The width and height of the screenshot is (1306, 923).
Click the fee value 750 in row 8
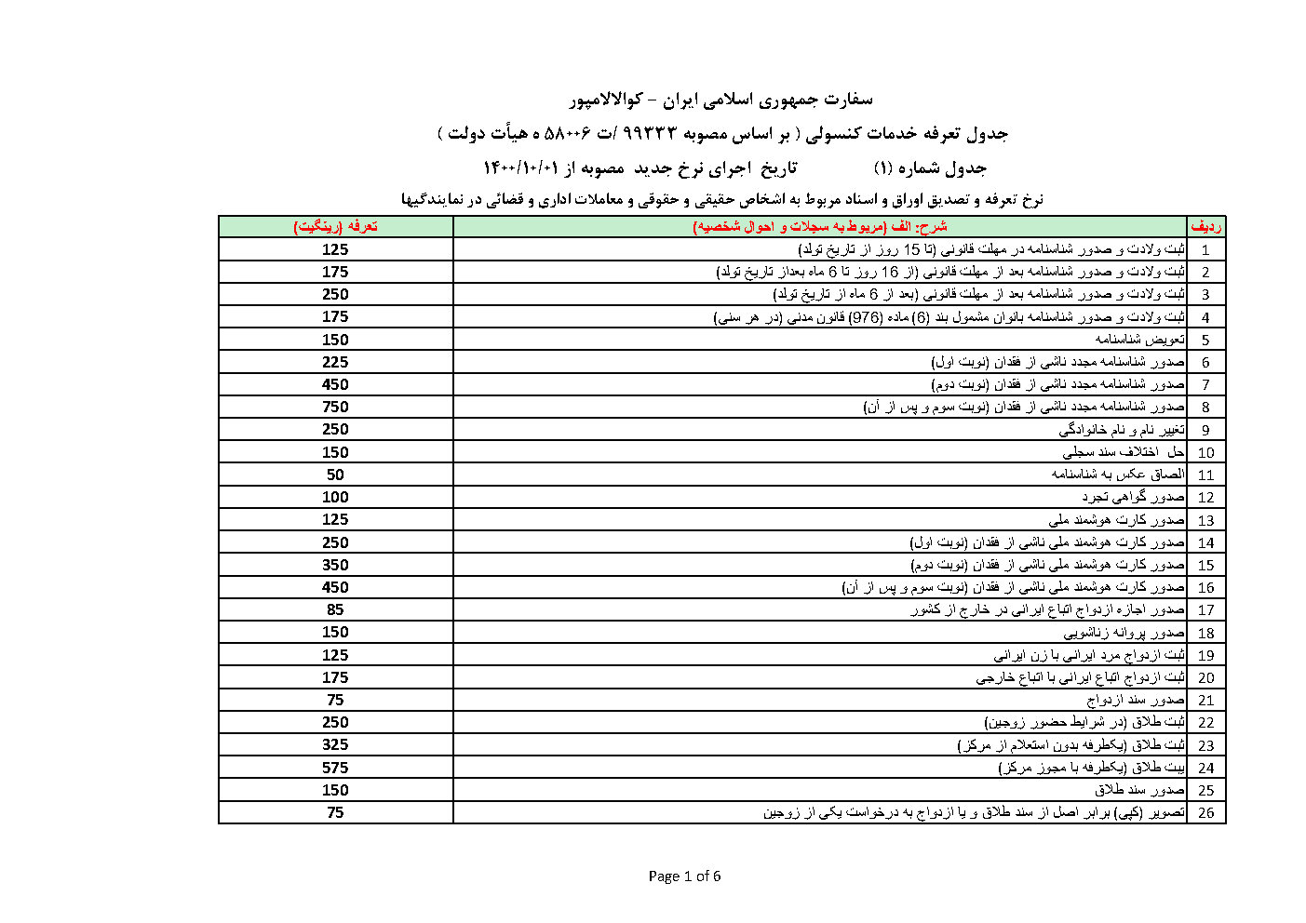click(335, 407)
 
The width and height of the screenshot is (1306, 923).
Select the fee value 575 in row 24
click(335, 768)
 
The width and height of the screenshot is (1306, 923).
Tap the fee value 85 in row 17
click(335, 609)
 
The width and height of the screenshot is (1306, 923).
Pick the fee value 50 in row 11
click(335, 475)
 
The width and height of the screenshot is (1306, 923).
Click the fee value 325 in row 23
click(335, 744)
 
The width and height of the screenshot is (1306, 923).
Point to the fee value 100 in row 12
click(335, 497)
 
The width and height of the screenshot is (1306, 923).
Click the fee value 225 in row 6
click(335, 362)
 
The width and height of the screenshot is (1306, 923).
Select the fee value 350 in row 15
click(335, 565)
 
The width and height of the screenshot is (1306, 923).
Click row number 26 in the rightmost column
click(1205, 813)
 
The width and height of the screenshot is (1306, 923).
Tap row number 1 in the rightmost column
click(1205, 249)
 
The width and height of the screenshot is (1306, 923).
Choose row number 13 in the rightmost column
click(1205, 520)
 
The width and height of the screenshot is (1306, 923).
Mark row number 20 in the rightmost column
click(1205, 678)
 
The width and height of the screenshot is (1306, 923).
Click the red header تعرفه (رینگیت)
click(335, 226)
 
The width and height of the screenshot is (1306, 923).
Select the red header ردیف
click(1205, 226)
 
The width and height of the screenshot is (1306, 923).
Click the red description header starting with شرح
click(819, 226)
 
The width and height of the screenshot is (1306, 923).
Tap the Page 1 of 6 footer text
click(684, 876)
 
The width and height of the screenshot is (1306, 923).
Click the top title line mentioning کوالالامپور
click(720, 99)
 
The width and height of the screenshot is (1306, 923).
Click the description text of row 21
click(1136, 700)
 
